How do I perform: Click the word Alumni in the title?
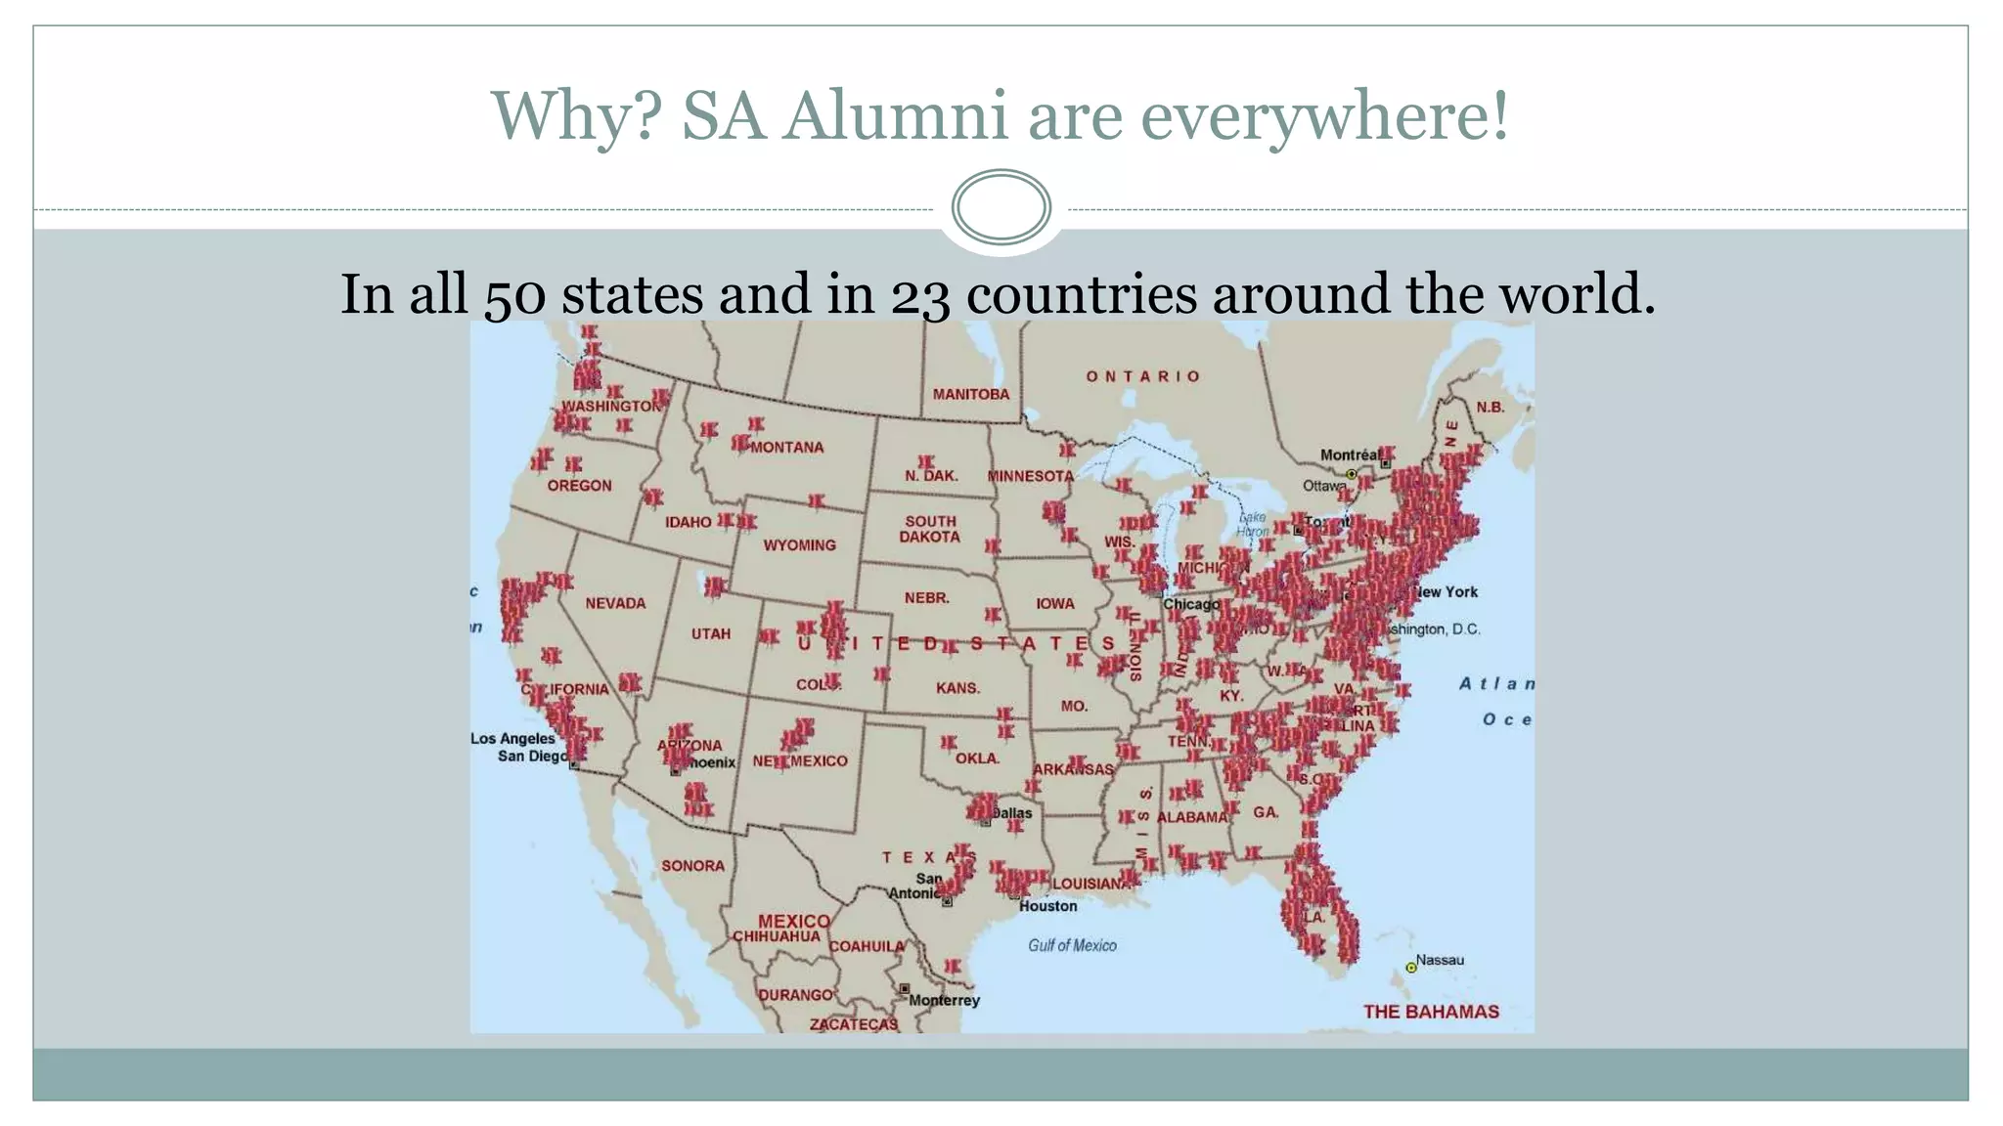(x=894, y=116)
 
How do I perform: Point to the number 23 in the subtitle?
(x=919, y=294)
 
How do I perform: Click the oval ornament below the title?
(x=1001, y=207)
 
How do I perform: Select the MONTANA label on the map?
(x=787, y=448)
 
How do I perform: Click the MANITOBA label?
(x=970, y=394)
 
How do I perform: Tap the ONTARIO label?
(x=1142, y=376)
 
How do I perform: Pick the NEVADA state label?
(x=615, y=603)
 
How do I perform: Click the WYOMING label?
(x=799, y=545)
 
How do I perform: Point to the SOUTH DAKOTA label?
(x=929, y=529)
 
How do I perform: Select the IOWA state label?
(x=1054, y=604)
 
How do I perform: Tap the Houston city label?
(x=1047, y=906)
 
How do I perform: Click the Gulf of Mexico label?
(x=1072, y=945)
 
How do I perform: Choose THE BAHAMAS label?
(x=1431, y=1012)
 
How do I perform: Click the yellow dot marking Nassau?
(x=1411, y=968)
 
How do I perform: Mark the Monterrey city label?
(x=944, y=1000)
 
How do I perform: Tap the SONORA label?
(x=692, y=866)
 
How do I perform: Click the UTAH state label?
(x=711, y=633)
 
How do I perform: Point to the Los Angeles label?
(x=512, y=739)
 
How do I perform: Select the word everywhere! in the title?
(x=1324, y=116)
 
